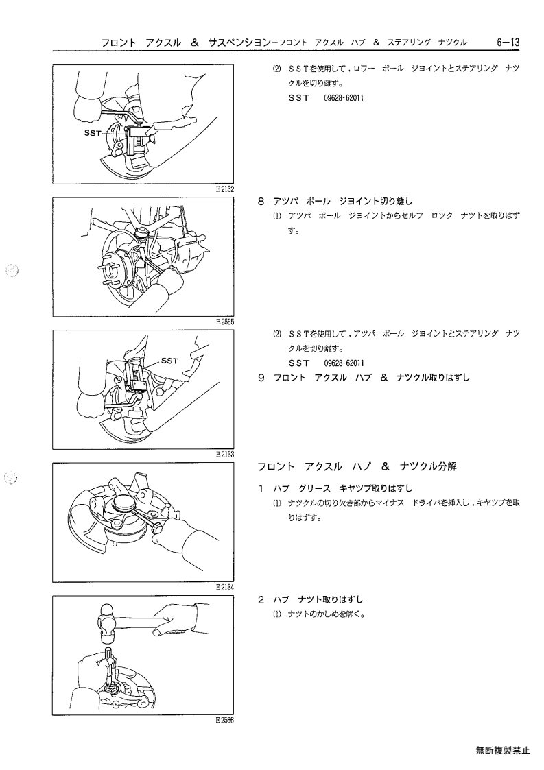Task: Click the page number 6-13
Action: point(507,42)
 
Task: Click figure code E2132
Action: point(224,189)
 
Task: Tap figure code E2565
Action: point(224,322)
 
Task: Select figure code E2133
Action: point(224,454)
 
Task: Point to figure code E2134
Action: point(224,587)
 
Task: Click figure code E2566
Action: point(224,721)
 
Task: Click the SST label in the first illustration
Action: point(93,132)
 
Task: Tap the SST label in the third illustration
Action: point(169,361)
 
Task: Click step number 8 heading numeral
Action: point(261,201)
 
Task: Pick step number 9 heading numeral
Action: point(261,378)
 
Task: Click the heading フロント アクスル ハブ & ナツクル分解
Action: point(357,466)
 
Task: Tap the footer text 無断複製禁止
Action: point(503,750)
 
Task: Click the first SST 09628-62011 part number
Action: point(344,98)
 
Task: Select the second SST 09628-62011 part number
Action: point(344,363)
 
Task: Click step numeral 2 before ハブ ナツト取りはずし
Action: point(261,599)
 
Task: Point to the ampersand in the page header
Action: point(195,43)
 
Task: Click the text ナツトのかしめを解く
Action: point(327,614)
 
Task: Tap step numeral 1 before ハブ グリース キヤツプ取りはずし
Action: point(261,488)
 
